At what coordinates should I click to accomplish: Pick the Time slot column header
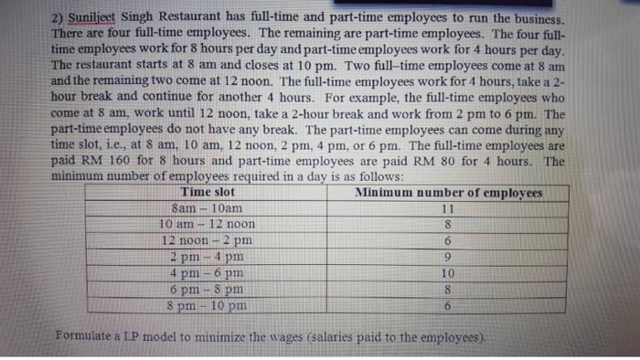pos(209,193)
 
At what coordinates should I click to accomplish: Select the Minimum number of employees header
pos(448,193)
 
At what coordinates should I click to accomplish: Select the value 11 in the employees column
pos(447,209)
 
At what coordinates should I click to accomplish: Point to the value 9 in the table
pos(447,257)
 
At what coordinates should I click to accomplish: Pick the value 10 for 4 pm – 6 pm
pos(447,272)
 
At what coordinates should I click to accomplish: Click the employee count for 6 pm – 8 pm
pos(447,289)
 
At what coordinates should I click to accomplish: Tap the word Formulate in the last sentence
pos(87,335)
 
